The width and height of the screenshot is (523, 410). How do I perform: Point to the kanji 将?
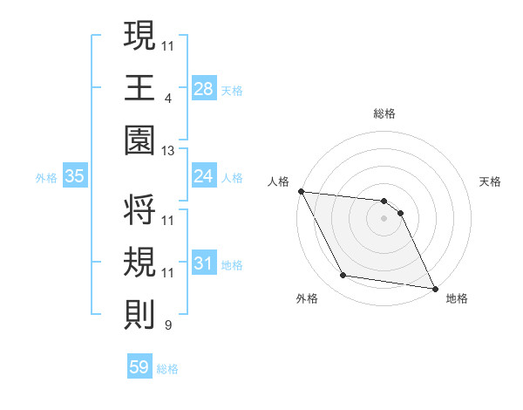pos(139,209)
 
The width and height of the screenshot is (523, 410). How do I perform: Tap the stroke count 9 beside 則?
pos(167,326)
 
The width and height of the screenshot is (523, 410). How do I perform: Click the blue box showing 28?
pos(204,89)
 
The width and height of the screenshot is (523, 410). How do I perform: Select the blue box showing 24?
pos(204,177)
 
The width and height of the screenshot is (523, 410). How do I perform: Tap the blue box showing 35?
pos(75,177)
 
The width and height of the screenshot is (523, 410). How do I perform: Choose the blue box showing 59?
pos(139,367)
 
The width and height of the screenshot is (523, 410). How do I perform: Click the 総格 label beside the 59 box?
pos(167,369)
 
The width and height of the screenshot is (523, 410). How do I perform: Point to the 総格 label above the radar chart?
pos(384,113)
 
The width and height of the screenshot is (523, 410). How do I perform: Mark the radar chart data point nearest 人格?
pos(301,191)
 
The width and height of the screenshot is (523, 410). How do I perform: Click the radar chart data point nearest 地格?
pos(434,288)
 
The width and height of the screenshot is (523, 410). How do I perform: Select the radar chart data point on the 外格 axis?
pos(343,276)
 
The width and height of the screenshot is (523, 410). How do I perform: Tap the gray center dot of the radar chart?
pos(384,218)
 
